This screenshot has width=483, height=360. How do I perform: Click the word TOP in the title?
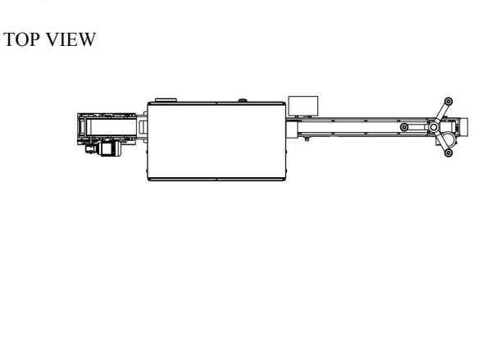coord(21,39)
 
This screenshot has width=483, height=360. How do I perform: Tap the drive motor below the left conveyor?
coord(110,148)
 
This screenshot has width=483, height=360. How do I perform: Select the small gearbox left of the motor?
coord(92,149)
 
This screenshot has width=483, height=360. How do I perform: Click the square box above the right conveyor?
coord(303,107)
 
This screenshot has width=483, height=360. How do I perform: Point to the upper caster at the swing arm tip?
coord(449,102)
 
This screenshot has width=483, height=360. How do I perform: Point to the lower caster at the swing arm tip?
coord(449,153)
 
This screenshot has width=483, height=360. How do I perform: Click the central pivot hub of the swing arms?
coord(433,127)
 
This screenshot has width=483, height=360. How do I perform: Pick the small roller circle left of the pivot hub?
coord(404,127)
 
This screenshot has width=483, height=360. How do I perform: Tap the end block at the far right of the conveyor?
coord(464,127)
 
